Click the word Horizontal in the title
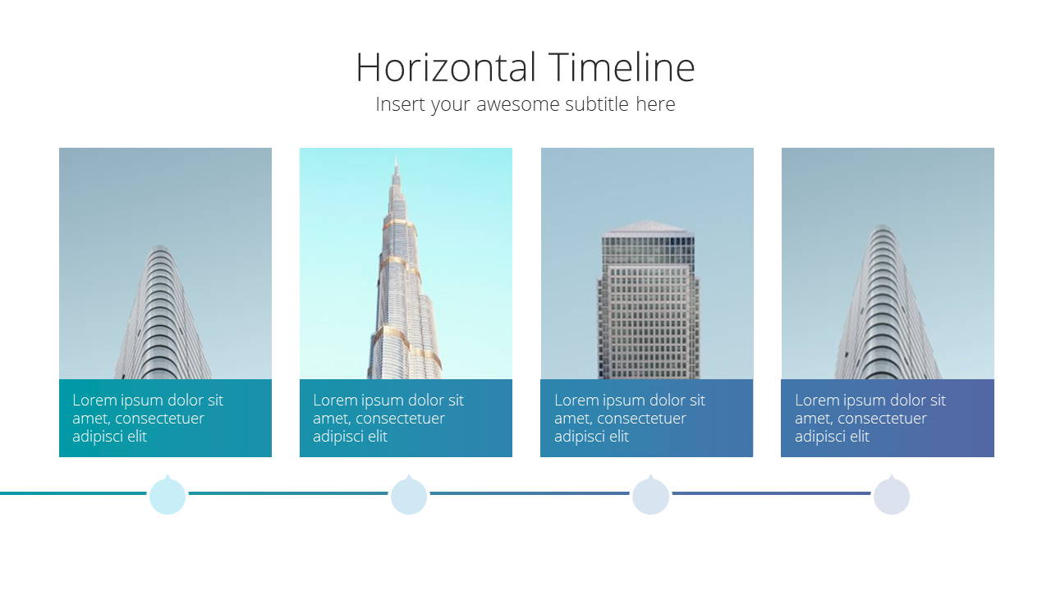tap(446, 67)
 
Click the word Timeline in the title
tap(622, 67)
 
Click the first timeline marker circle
tap(168, 496)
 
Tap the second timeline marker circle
tap(409, 496)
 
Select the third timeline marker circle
tap(650, 496)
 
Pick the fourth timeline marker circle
tap(892, 496)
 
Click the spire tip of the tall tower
tap(397, 158)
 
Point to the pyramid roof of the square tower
tap(648, 228)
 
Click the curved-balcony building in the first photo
tap(163, 313)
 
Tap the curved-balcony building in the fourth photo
tap(888, 303)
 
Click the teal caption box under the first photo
tap(165, 418)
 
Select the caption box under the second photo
tap(406, 418)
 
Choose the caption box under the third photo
tap(646, 418)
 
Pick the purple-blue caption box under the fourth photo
tap(888, 418)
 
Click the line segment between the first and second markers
tap(288, 493)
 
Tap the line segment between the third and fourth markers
tap(771, 493)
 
